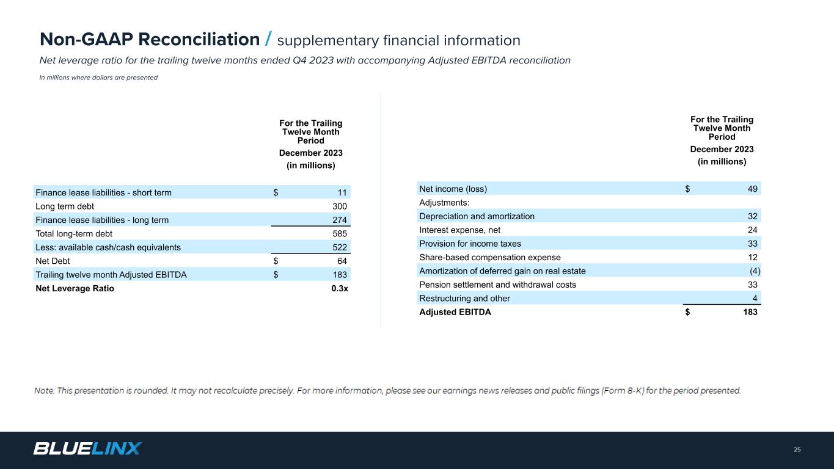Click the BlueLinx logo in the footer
click(87, 449)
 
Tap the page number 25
click(797, 450)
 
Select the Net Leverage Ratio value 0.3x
click(339, 289)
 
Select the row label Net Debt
click(53, 261)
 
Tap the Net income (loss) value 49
click(753, 189)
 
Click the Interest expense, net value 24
click(753, 230)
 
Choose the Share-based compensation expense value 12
click(753, 257)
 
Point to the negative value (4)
click(755, 271)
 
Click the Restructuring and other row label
click(464, 299)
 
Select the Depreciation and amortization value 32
click(753, 216)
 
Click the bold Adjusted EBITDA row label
click(455, 312)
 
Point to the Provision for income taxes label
click(470, 244)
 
